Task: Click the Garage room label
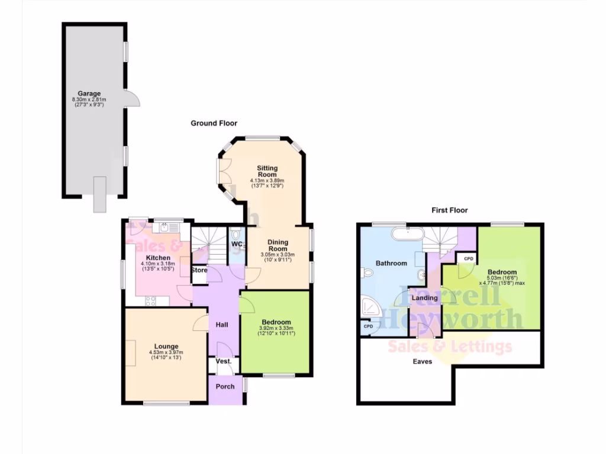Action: (91, 93)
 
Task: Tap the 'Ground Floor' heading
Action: (214, 124)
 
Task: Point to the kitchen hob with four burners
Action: (150, 300)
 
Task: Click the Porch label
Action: (225, 387)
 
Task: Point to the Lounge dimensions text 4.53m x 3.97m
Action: (166, 354)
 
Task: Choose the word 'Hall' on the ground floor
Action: (222, 325)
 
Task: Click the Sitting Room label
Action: (267, 170)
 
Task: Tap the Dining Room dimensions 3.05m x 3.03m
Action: (278, 255)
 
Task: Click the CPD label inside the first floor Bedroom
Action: (468, 259)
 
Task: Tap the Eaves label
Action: (423, 361)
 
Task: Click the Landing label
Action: (425, 298)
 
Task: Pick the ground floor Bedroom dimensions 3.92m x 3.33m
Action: (277, 329)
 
